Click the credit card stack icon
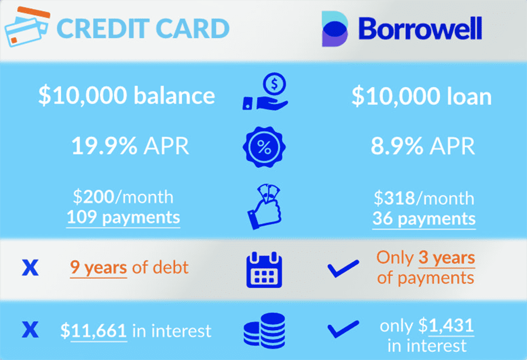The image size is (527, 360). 28,27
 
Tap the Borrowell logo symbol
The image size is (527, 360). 335,29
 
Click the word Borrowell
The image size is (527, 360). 420,29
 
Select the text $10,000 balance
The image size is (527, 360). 126,95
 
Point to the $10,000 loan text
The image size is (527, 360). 422,96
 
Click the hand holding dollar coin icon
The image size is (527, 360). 265,91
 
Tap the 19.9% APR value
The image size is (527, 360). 130,146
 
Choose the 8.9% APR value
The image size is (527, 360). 423,146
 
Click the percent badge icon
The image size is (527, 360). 264,147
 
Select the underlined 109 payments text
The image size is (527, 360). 123,218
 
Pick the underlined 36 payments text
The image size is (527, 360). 424,219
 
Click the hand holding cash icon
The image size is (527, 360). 265,207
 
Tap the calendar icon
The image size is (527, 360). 264,270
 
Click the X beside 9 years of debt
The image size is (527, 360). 30,268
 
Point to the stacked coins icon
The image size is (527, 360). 265,331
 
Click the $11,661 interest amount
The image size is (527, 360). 94,331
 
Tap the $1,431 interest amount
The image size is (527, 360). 446,325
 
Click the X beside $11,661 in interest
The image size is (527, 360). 30,330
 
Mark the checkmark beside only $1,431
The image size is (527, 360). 343,329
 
